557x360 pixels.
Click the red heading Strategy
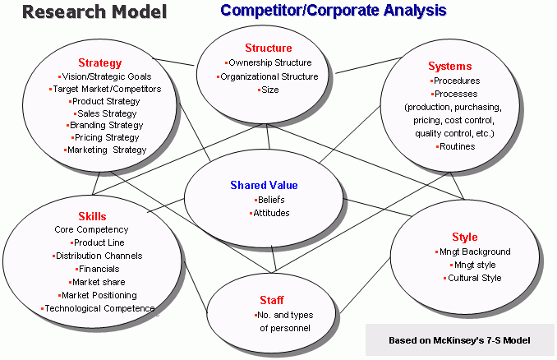[100, 63]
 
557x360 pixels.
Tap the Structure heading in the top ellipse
[269, 48]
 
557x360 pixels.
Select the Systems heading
[450, 66]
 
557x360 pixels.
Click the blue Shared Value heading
[264, 185]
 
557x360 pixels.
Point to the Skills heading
[92, 216]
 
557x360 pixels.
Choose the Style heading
[465, 237]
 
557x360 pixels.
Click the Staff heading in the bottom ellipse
[272, 300]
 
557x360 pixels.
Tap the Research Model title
[94, 12]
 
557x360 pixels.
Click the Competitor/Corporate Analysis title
[334, 11]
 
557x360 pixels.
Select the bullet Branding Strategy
[105, 125]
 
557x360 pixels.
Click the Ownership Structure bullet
[268, 63]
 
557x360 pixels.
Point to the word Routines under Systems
[457, 146]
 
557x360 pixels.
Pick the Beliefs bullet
[269, 200]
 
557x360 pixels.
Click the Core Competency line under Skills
[91, 229]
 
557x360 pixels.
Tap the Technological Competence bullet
[98, 308]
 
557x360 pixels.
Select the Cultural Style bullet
[472, 278]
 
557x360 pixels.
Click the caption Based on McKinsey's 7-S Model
[459, 340]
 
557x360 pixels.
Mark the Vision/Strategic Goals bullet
[105, 76]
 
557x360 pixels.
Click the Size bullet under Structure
[268, 90]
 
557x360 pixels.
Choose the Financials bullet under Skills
[97, 269]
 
